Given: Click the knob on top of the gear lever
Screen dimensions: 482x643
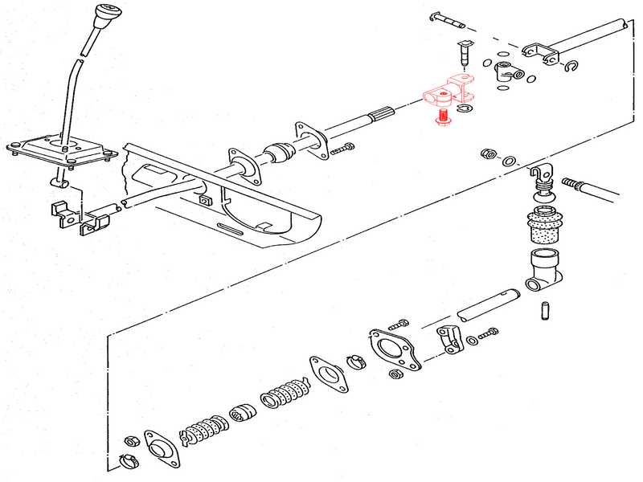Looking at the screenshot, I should [x=104, y=15].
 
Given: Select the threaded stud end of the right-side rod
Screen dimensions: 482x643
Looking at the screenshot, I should [x=576, y=185].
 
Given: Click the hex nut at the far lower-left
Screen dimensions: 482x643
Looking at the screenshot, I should [x=129, y=442].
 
